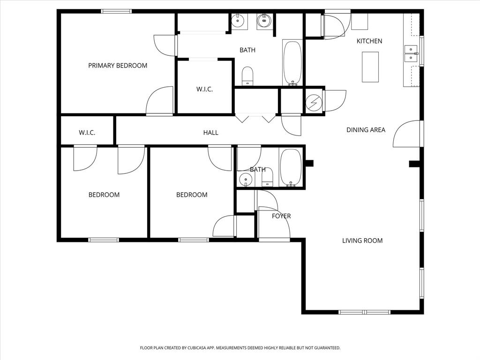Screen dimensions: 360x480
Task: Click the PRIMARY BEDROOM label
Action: (x=118, y=66)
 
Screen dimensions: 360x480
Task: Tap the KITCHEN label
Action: (x=369, y=41)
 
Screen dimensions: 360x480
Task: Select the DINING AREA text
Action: (x=366, y=130)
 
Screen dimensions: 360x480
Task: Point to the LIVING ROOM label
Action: (x=362, y=241)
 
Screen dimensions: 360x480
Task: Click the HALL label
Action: (x=210, y=133)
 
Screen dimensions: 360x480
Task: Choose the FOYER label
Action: (x=281, y=216)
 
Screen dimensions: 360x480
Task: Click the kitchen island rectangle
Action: (x=370, y=67)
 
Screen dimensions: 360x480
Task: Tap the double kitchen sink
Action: (x=411, y=53)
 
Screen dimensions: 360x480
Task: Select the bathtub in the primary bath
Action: (x=293, y=63)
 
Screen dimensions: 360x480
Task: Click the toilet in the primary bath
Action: (x=247, y=76)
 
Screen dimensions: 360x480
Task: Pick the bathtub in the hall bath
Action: (x=291, y=168)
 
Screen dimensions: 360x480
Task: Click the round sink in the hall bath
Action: (x=245, y=179)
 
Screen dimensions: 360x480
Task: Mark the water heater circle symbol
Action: (x=313, y=102)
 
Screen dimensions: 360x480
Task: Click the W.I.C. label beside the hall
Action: (x=87, y=133)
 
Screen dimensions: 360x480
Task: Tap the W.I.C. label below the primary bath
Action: (x=204, y=89)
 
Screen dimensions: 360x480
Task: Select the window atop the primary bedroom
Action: (x=116, y=11)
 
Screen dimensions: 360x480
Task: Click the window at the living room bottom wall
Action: (x=364, y=312)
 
